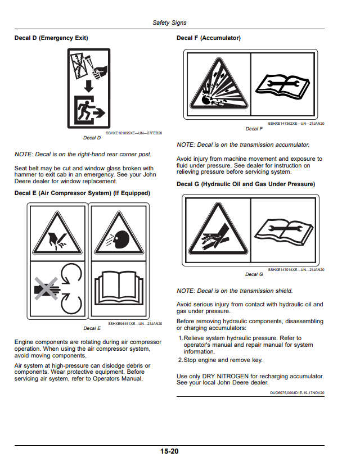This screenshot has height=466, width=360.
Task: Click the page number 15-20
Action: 169,451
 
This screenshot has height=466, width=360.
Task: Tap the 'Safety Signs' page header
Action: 169,22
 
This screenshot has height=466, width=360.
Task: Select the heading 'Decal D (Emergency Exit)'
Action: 51,38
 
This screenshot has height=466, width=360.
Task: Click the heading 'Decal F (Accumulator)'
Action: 208,38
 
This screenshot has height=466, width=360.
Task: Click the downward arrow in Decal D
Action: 89,86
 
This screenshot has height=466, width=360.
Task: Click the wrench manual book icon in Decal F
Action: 282,87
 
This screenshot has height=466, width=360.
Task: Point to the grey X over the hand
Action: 46,288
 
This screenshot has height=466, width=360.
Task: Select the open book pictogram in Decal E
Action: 119,288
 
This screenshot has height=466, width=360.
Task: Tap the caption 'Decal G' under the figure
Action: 254,274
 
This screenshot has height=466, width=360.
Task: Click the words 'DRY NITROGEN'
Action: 225,376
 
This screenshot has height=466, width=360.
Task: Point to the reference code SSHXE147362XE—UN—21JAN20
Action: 296,123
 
